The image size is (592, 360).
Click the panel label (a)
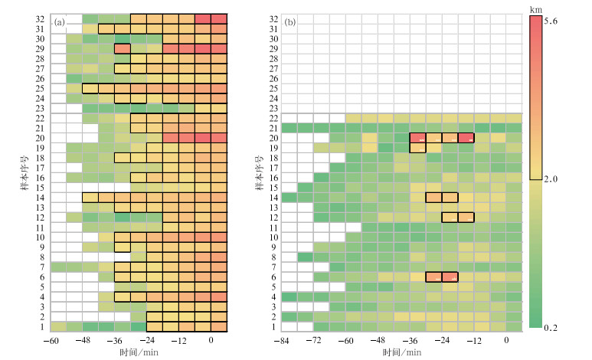click(x=59, y=21)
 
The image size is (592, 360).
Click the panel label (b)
click(x=290, y=21)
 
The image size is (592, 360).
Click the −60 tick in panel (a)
click(x=50, y=340)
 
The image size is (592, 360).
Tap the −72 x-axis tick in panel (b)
click(x=313, y=340)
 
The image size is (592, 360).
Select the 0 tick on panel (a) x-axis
click(x=211, y=340)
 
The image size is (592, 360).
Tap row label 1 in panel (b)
click(x=273, y=327)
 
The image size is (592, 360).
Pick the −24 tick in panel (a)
click(x=146, y=340)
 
